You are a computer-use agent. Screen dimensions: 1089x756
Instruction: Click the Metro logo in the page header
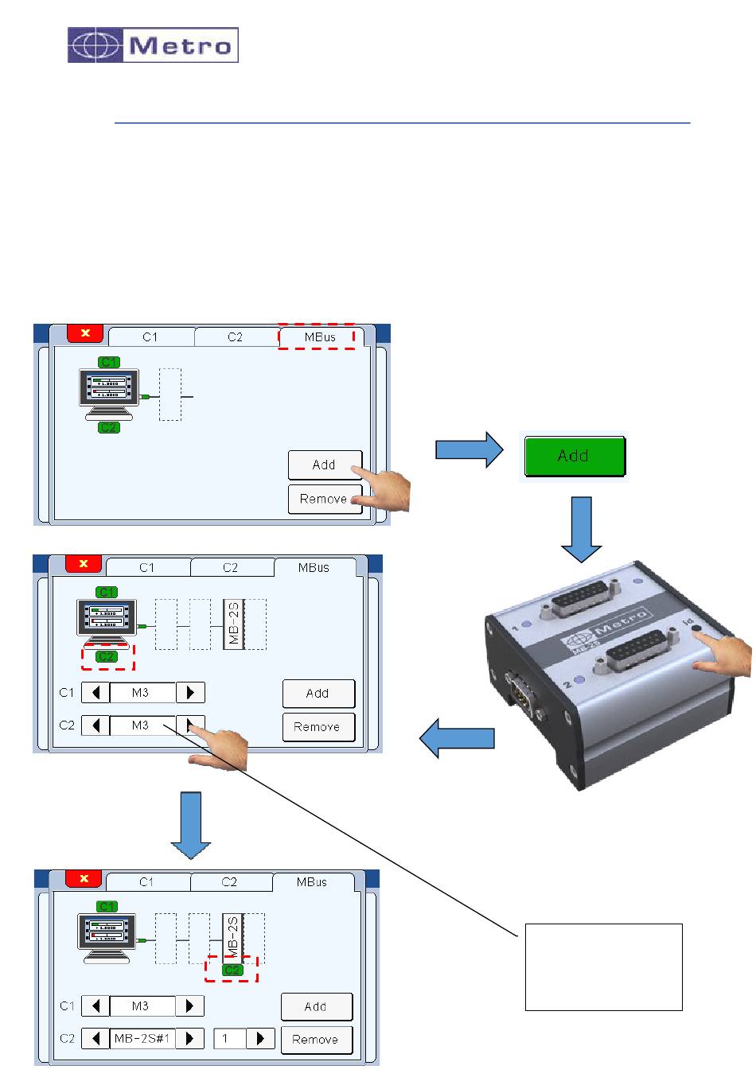click(153, 45)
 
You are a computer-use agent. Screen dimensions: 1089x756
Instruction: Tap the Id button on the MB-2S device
click(697, 628)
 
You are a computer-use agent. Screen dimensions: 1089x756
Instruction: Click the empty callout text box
click(603, 966)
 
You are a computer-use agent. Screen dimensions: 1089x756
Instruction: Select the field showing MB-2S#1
click(142, 1038)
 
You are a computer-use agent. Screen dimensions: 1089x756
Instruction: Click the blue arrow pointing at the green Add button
click(470, 451)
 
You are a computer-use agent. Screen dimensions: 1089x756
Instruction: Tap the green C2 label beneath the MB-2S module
click(232, 970)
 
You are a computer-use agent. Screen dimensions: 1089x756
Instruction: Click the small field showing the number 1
click(230, 1038)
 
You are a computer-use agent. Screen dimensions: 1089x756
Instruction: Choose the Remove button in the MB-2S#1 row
click(315, 1039)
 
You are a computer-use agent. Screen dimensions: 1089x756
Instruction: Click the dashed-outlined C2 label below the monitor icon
click(107, 656)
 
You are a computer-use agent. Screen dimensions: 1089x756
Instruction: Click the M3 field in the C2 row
click(142, 725)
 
